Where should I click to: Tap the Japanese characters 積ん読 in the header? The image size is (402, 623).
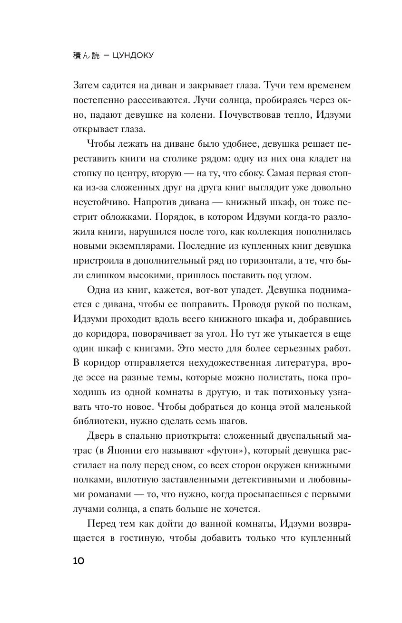tap(87, 55)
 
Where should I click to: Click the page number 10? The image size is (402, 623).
tap(79, 561)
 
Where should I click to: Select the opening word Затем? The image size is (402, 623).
tap(88, 85)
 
